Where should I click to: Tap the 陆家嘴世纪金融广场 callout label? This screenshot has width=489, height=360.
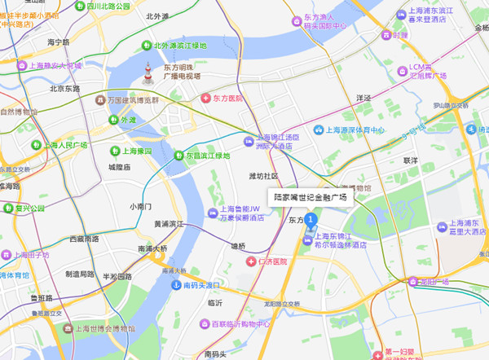tap(309, 197)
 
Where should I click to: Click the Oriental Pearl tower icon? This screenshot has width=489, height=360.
tap(148, 72)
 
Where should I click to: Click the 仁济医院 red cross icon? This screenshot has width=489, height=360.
tap(251, 261)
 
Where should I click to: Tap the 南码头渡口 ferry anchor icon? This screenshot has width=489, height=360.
tap(175, 285)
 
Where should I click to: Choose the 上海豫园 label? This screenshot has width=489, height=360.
tap(137, 151)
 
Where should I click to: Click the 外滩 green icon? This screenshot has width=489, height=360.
tap(113, 119)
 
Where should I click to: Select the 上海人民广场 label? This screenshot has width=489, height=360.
tap(64, 145)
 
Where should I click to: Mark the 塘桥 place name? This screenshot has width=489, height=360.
tap(237, 245)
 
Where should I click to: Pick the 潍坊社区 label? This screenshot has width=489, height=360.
tap(263, 175)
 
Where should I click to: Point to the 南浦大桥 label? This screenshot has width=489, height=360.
tap(152, 248)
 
